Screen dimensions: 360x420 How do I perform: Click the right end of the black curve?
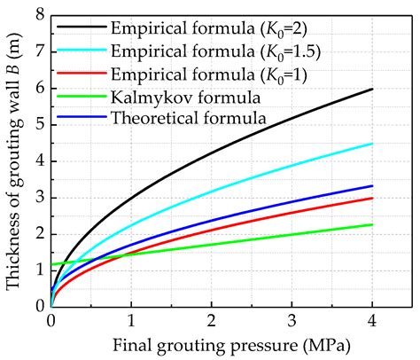pyautogui.click(x=372, y=89)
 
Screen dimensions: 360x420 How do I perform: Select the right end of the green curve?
pyautogui.click(x=372, y=224)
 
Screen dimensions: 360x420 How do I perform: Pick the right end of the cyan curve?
pyautogui.click(x=372, y=144)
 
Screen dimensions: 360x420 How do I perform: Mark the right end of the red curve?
pyautogui.click(x=372, y=198)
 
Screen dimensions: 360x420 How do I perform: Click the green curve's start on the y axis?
pyautogui.click(x=52, y=263)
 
